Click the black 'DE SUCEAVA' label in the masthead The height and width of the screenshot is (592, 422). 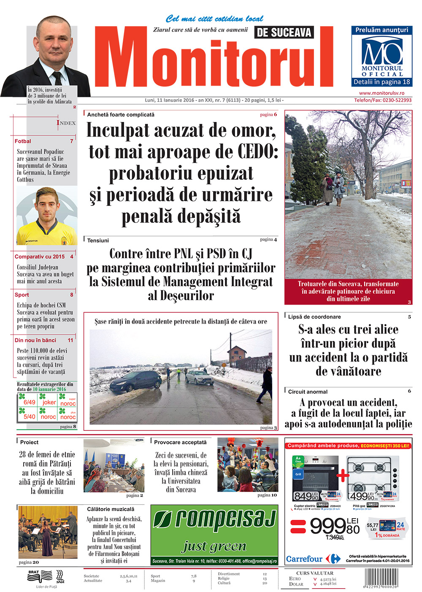pos(284,32)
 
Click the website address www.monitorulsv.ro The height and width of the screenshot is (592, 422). pos(381,93)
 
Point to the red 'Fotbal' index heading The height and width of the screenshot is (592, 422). pos(23,141)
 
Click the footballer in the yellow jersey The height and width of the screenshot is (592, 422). pos(46,217)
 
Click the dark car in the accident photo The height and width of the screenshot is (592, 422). pos(135,381)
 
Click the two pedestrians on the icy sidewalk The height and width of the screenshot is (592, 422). pos(333,189)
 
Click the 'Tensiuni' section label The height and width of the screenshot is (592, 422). pos(98,241)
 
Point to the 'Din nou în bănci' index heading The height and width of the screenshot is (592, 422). pos(35,340)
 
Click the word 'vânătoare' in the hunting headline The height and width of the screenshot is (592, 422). pos(348,371)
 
